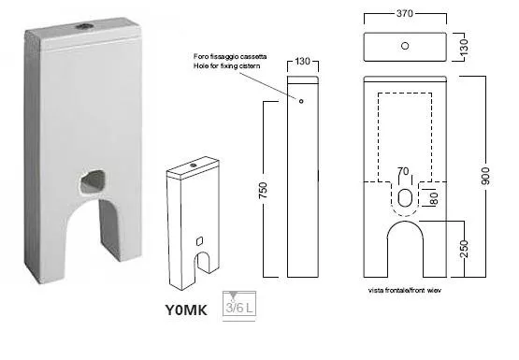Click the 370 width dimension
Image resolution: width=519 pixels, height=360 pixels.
[405, 13]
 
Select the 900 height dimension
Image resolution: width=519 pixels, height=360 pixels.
[485, 176]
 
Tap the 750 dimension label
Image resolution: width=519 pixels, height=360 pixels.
[263, 190]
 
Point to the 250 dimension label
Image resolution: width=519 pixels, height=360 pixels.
[465, 249]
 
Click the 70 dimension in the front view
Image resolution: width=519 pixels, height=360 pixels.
[403, 171]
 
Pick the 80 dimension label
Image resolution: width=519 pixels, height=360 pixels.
[434, 198]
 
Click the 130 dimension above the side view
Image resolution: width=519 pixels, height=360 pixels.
[302, 61]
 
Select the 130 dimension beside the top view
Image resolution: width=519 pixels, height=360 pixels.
[464, 47]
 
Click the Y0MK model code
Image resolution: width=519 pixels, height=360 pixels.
[186, 310]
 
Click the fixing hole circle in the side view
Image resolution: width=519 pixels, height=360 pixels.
[301, 101]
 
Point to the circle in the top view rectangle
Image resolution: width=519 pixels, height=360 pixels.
[405, 46]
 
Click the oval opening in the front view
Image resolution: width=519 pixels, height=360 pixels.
[404, 197]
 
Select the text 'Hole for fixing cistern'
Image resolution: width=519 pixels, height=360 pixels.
[226, 65]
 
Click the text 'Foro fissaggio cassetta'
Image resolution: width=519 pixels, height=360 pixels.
[230, 57]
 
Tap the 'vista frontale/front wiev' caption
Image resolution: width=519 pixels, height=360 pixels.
[405, 291]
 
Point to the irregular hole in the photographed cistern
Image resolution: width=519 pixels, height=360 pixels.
[93, 182]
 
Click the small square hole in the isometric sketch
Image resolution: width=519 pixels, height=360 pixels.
[199, 241]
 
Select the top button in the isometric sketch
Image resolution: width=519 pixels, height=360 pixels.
[194, 165]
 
